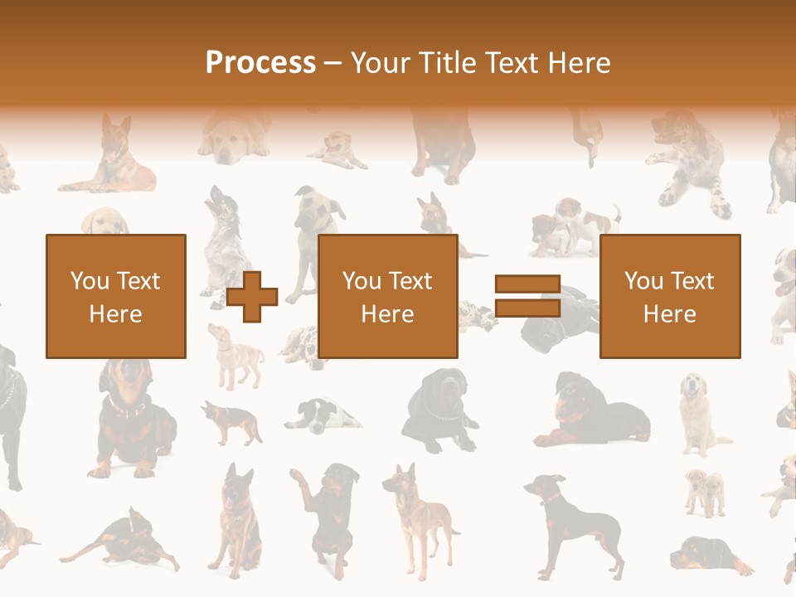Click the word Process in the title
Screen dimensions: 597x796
coord(260,62)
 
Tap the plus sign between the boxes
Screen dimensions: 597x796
coord(252,296)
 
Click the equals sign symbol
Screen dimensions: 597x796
coord(527,296)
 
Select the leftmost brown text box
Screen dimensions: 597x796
coord(116,296)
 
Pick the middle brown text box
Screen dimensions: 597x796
coord(388,296)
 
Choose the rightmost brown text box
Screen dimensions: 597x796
coord(670,296)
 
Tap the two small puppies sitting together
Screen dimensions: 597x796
coord(705,491)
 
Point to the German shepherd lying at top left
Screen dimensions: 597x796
coord(112,158)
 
